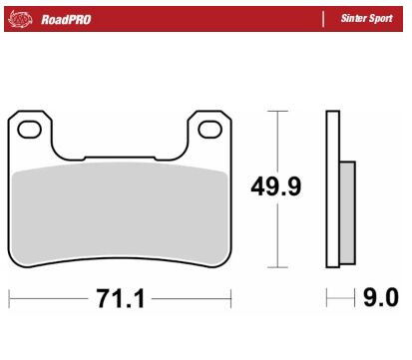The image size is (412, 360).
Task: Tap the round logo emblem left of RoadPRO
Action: (x=24, y=19)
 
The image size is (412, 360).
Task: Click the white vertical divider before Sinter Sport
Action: (x=324, y=19)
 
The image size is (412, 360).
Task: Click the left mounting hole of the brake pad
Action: (x=31, y=128)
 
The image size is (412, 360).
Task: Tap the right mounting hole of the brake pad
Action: (x=209, y=128)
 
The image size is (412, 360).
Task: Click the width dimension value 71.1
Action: (x=119, y=299)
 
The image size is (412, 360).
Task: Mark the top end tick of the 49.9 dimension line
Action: (x=278, y=111)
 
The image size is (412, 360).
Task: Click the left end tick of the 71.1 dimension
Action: (x=9, y=299)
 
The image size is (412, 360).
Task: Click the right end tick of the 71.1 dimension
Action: (x=231, y=299)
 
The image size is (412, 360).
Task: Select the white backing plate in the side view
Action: (x=332, y=189)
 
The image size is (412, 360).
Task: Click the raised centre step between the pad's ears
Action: (x=120, y=157)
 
